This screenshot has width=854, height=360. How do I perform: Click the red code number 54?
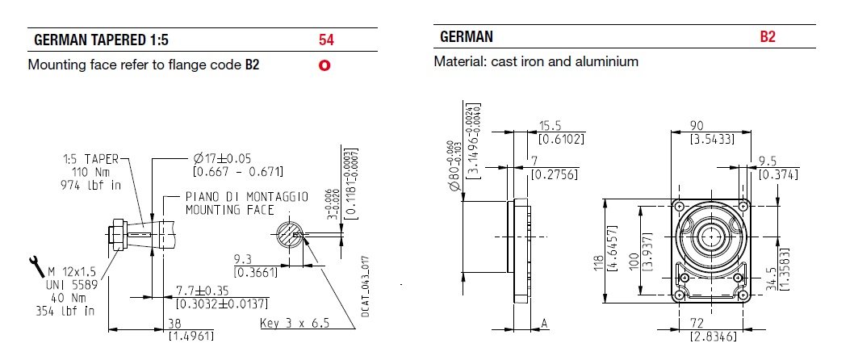click(325, 39)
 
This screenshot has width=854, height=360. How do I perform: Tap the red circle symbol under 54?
click(324, 65)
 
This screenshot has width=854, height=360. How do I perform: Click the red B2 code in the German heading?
click(767, 37)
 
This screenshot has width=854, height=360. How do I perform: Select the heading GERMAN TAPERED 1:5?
click(101, 40)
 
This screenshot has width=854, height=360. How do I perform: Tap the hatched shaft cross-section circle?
click(288, 237)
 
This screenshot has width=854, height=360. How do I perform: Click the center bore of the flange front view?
click(711, 237)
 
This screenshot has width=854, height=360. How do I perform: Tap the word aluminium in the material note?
click(607, 61)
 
